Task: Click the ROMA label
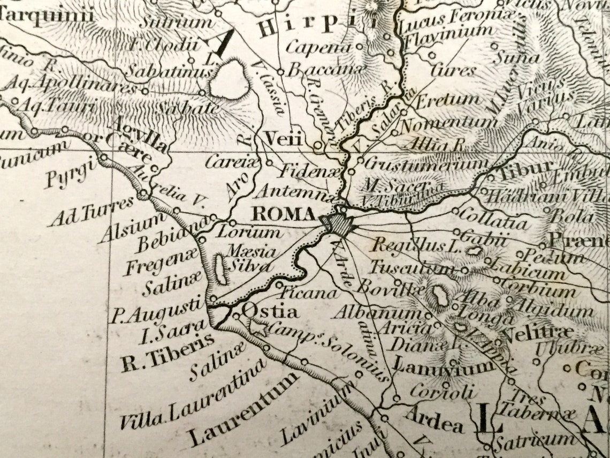point(284,214)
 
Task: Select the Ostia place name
point(270,311)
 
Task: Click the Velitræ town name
point(538,333)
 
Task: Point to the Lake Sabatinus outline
point(229,79)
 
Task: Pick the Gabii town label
point(483,236)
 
